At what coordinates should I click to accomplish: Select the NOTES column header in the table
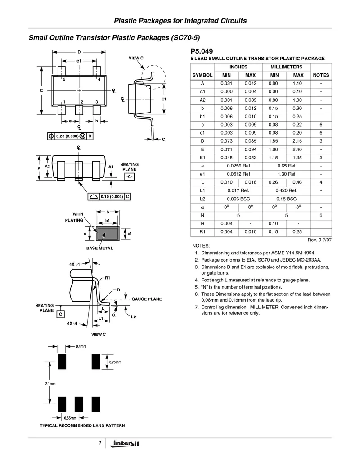click(x=321, y=75)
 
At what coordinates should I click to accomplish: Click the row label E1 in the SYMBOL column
click(x=202, y=158)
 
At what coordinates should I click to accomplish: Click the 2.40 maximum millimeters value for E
click(x=297, y=149)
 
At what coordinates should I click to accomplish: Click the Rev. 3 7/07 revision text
click(x=319, y=240)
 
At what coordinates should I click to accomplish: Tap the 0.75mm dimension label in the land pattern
click(x=115, y=362)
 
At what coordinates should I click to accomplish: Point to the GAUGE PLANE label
click(x=146, y=299)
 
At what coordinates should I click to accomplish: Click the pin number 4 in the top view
click(x=99, y=79)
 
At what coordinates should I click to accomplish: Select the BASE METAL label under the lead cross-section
click(x=99, y=249)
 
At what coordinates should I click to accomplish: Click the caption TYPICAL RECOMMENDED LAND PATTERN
click(x=82, y=425)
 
